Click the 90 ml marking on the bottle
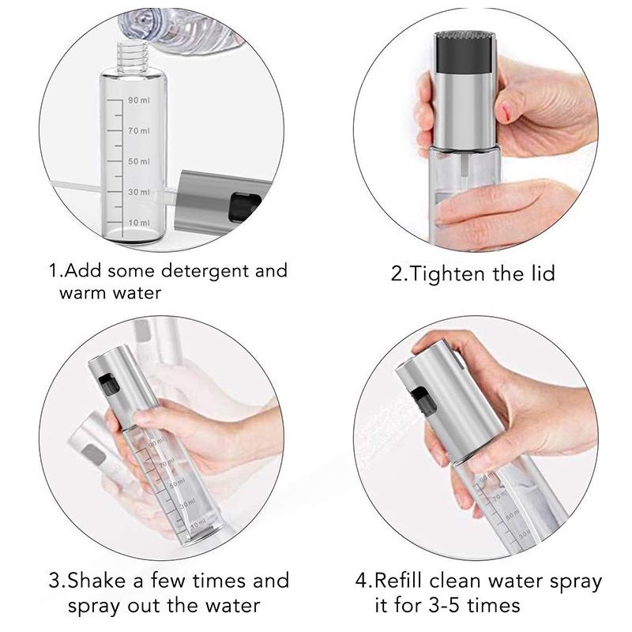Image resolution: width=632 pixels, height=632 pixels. tap(139, 100)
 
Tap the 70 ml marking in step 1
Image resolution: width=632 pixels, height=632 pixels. tap(139, 130)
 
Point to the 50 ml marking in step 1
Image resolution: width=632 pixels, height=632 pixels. tap(139, 161)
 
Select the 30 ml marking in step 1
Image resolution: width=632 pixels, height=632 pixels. tap(139, 192)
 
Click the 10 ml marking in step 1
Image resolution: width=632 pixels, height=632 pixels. tap(139, 223)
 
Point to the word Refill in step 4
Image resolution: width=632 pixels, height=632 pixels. tap(400, 581)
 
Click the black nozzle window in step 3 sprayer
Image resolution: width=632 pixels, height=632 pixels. tap(109, 386)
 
